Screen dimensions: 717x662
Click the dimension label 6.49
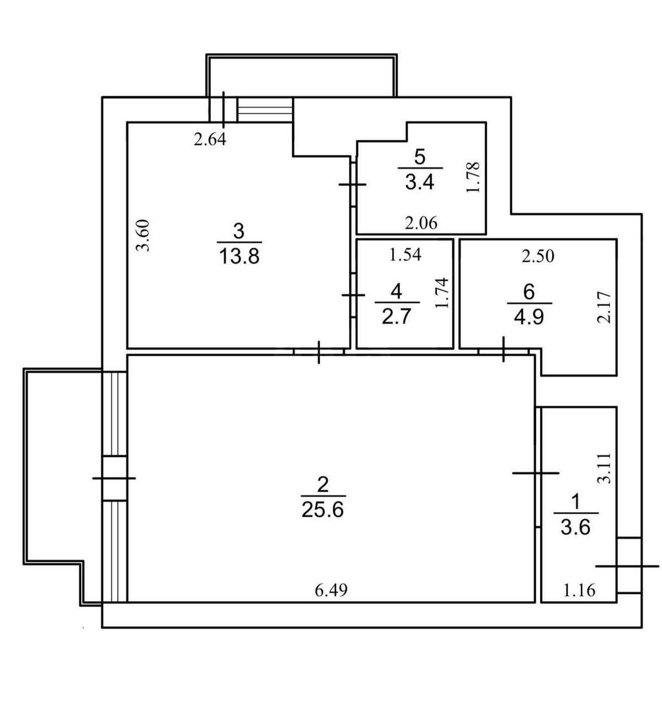tap(331, 590)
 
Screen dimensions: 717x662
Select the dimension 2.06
tap(421, 223)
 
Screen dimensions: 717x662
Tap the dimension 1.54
tap(405, 255)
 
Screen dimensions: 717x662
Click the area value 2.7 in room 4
tap(396, 315)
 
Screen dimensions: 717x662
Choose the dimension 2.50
tap(537, 256)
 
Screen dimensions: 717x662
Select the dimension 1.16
tap(580, 591)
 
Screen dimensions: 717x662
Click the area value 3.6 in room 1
tap(576, 528)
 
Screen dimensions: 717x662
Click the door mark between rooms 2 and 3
tap(319, 351)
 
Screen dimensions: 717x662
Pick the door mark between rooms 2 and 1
tap(536, 473)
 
